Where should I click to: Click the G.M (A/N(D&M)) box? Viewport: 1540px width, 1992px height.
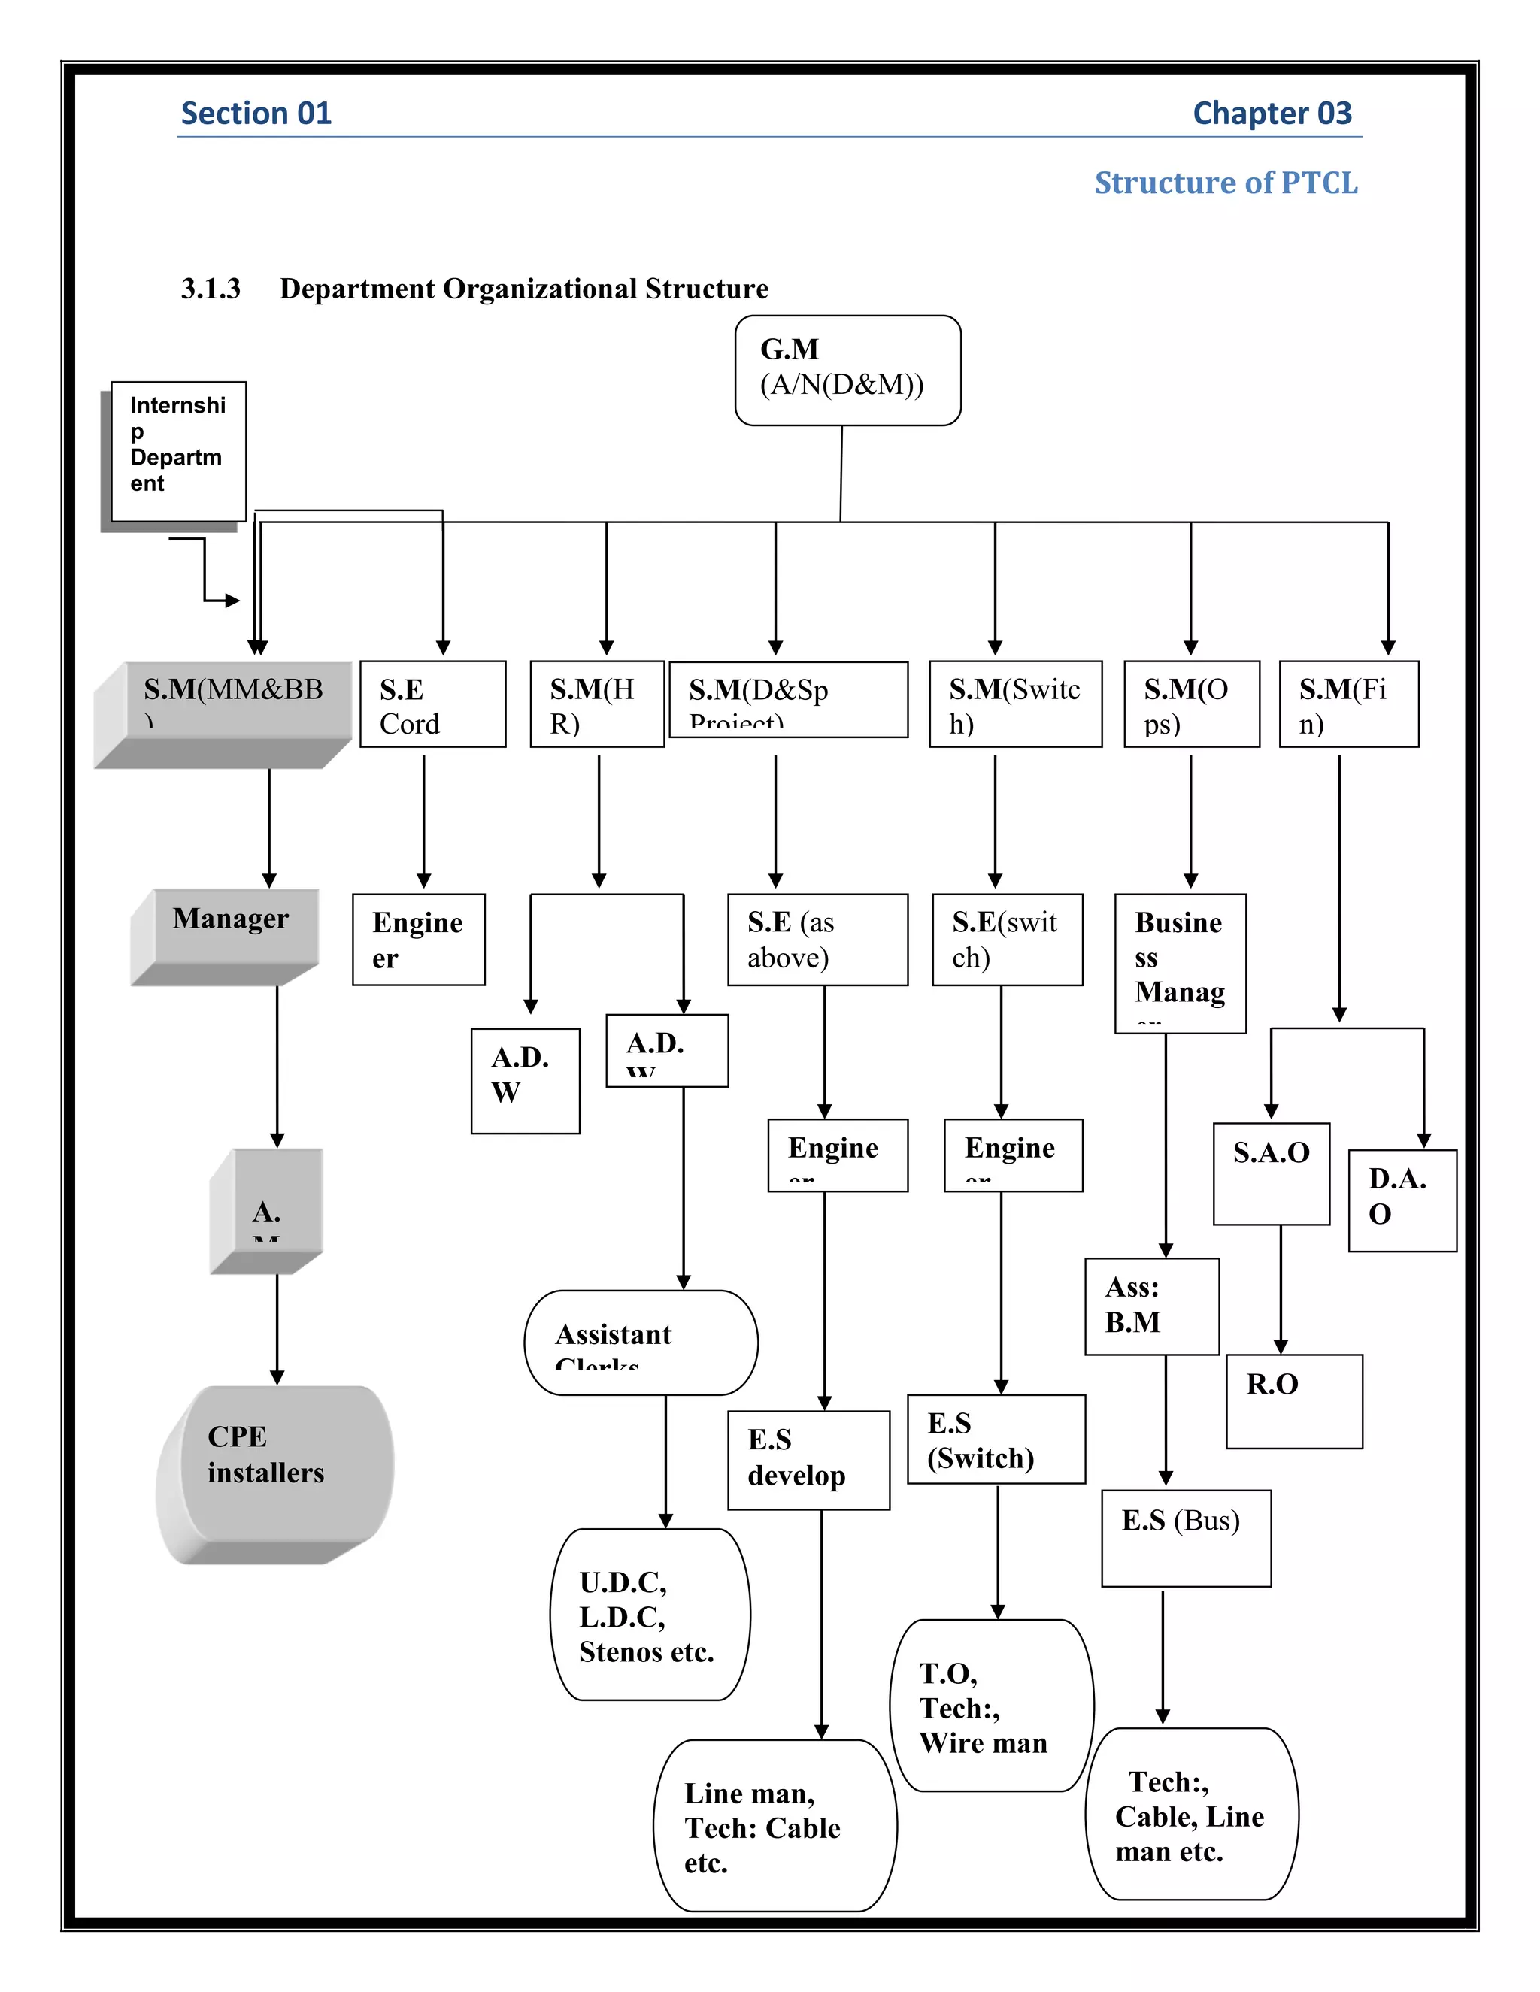pos(847,371)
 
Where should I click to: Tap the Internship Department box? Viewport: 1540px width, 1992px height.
pos(178,452)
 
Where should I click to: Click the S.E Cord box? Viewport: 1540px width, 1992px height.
pos(432,704)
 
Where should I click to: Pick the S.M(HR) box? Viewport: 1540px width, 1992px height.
pos(596,704)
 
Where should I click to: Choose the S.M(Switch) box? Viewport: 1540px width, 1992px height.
pos(1014,704)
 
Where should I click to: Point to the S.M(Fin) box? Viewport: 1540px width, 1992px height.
pos(1348,704)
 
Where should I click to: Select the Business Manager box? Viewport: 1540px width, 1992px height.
pos(1180,963)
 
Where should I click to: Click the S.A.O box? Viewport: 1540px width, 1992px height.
pos(1271,1173)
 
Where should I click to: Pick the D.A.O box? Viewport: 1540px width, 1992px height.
pos(1402,1200)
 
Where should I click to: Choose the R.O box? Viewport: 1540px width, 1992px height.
pos(1293,1401)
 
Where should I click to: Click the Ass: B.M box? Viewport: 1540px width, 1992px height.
pos(1151,1306)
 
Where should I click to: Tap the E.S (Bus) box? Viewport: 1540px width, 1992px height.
pos(1185,1538)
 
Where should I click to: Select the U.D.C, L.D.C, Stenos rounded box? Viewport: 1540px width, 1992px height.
pos(650,1615)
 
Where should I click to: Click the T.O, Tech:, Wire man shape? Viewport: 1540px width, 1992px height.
pos(991,1706)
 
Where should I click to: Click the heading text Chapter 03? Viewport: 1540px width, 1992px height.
pos(1271,113)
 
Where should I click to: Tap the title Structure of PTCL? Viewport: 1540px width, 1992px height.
pos(1225,183)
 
